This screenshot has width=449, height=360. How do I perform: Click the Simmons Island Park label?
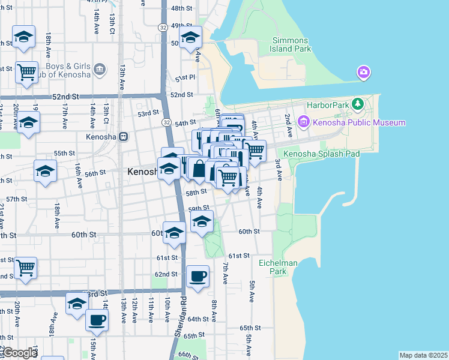pyautogui.click(x=289, y=44)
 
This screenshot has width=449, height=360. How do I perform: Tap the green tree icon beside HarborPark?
pyautogui.click(x=358, y=104)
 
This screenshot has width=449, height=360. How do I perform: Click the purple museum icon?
pyautogui.click(x=303, y=123)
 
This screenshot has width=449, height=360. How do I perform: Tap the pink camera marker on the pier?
pyautogui.click(x=363, y=73)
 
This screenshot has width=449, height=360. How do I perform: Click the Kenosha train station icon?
pyautogui.click(x=123, y=136)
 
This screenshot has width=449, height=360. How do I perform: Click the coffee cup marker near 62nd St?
pyautogui.click(x=197, y=277)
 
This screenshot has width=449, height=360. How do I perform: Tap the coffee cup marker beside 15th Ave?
pyautogui.click(x=97, y=320)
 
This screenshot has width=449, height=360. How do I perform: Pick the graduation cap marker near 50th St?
pyautogui.click(x=190, y=37)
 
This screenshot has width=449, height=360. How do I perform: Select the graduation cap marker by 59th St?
pyautogui.click(x=202, y=221)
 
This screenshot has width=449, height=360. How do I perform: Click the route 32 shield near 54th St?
pyautogui.click(x=165, y=122)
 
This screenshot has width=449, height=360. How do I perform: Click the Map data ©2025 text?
pyautogui.click(x=423, y=355)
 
